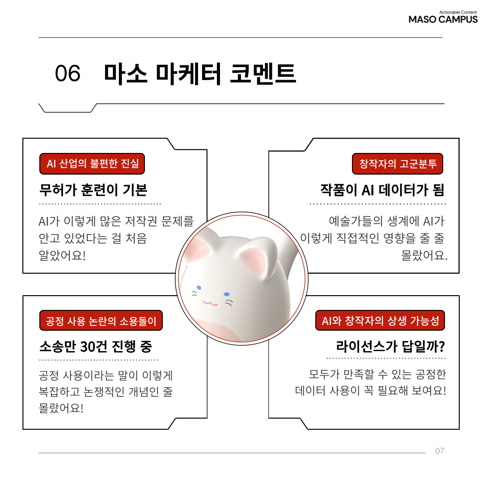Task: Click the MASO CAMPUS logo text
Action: pyautogui.click(x=443, y=19)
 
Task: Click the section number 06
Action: pyautogui.click(x=68, y=73)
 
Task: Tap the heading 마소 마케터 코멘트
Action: pyautogui.click(x=200, y=73)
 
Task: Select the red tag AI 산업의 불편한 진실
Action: pyautogui.click(x=92, y=164)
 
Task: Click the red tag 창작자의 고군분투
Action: pyautogui.click(x=398, y=164)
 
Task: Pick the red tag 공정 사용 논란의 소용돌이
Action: pyautogui.click(x=101, y=320)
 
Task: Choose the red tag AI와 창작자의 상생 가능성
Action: pyautogui.click(x=380, y=320)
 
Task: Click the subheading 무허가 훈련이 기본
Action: pyautogui.click(x=93, y=190)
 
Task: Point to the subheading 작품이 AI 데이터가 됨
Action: pyautogui.click(x=382, y=190)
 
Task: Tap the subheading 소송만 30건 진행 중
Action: pyautogui.click(x=96, y=346)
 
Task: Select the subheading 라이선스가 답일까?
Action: pyautogui.click(x=390, y=346)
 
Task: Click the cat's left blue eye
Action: pyautogui.click(x=199, y=288)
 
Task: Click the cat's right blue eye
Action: pyautogui.click(x=227, y=294)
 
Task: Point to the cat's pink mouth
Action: pyautogui.click(x=210, y=303)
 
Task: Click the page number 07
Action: pyautogui.click(x=440, y=451)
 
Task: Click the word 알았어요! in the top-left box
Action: pyautogui.click(x=62, y=255)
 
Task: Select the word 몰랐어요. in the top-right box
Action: pyautogui.click(x=424, y=255)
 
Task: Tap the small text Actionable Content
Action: pyautogui.click(x=458, y=13)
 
